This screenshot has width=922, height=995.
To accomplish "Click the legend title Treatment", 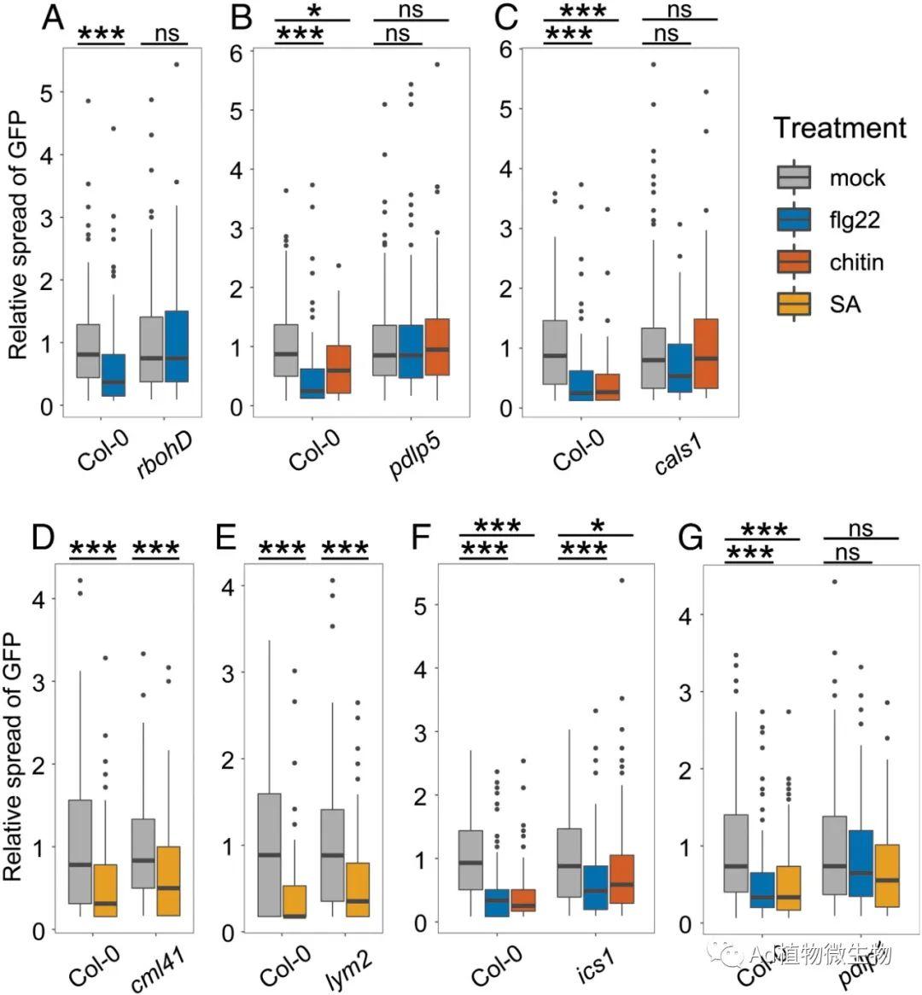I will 839,128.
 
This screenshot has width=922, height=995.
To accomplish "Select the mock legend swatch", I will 794,177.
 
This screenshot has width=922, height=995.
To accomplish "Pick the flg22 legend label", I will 855,220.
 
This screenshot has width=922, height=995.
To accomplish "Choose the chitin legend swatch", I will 794,262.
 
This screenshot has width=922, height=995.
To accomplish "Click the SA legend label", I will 844,304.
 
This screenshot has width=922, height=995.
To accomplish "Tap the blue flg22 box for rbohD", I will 176,346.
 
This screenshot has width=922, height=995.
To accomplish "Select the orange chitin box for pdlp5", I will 436,346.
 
